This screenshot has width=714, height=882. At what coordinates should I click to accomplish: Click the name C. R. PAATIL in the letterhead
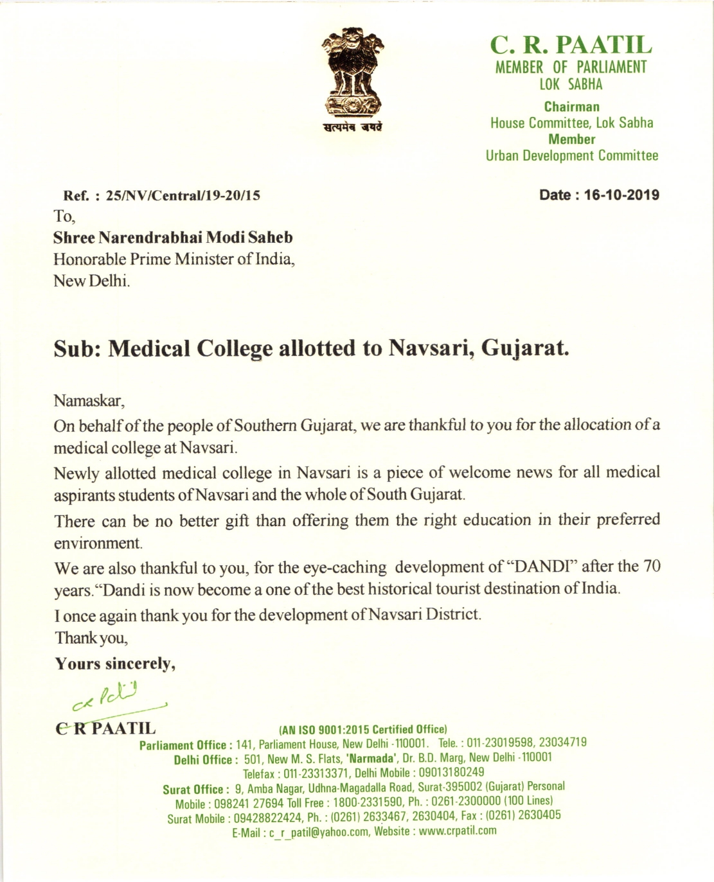point(571,45)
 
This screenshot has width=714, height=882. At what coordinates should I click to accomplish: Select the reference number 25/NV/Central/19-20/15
point(183,195)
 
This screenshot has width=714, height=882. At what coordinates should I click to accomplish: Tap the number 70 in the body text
point(652,566)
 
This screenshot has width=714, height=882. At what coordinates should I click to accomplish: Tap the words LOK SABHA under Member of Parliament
point(571,84)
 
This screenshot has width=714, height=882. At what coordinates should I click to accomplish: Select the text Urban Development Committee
point(572,155)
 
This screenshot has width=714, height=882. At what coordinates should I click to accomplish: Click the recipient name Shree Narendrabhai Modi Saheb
point(173,238)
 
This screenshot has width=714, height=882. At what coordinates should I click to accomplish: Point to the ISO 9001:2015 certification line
point(362,730)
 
